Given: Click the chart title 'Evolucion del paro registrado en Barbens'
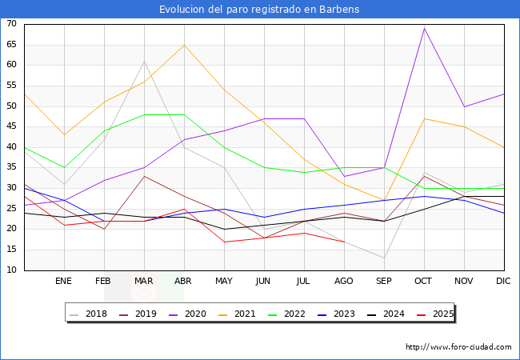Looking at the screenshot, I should (x=259, y=10).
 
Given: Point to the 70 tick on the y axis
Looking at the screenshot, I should (x=12, y=24).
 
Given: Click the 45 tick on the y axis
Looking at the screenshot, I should (x=12, y=126).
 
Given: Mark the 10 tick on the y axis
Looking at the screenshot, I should (x=12, y=270).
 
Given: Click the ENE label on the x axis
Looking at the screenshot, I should (x=64, y=282).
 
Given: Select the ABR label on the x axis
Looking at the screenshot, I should (x=184, y=282).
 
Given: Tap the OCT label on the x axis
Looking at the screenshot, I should (x=424, y=282).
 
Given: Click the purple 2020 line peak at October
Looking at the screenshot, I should (x=424, y=28).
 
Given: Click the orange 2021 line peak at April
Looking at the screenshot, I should (x=184, y=45).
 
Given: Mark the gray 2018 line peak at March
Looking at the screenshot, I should (x=144, y=61).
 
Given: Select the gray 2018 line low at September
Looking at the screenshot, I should (x=384, y=258).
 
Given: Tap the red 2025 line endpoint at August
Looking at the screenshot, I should (x=344, y=242).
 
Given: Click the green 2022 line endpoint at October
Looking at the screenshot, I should (x=424, y=188).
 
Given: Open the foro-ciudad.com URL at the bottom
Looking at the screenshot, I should (x=458, y=347).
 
